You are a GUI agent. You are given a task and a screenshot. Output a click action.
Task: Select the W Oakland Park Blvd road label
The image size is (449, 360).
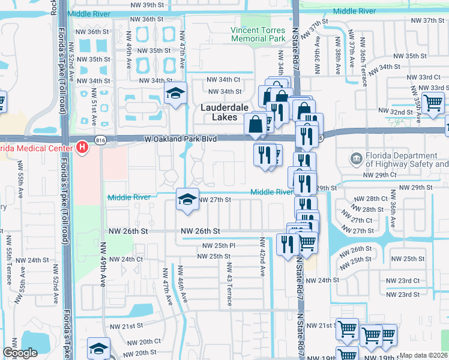(180, 139)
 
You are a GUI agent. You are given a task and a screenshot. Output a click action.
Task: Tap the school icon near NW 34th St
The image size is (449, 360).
(175, 94)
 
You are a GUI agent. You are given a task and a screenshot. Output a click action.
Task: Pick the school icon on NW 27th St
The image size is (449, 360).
(187, 200)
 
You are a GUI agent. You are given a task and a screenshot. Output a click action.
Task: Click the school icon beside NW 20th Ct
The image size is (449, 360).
(99, 348)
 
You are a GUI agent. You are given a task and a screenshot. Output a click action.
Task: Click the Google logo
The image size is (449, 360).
(20, 353)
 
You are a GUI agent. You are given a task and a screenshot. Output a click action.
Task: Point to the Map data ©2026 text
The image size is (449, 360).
(423, 355)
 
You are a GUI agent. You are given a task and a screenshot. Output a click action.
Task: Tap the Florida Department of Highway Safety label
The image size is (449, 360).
(407, 160)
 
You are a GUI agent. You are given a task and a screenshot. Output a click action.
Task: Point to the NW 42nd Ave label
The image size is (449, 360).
(262, 257)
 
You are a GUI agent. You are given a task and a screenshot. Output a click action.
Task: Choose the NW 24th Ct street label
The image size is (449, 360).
(124, 259)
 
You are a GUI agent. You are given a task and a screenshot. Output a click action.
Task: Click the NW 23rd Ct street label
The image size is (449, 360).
(402, 280)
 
